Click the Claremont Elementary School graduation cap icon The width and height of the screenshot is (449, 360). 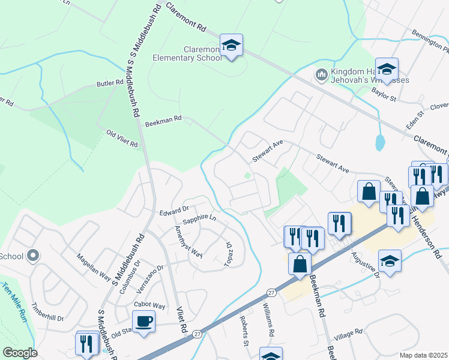click(x=231, y=46)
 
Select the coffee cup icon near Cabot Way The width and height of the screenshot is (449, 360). click(x=144, y=322)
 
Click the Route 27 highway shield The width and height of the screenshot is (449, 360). click(x=271, y=293)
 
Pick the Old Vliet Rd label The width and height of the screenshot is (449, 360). click(x=122, y=139)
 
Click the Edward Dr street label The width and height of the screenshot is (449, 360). click(x=174, y=211)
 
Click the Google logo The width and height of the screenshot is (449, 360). click(x=20, y=353)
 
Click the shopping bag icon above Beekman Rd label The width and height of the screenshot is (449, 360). click(x=300, y=265)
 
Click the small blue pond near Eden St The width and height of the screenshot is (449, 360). click(x=379, y=143)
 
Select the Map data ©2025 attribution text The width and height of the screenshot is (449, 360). click(x=423, y=355)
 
